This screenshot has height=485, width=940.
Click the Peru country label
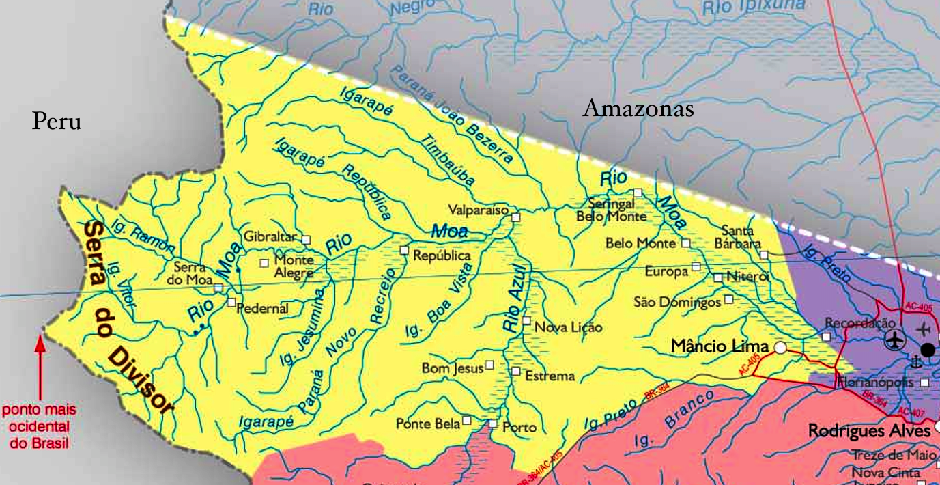[x=57, y=122]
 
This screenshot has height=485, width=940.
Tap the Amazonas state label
[x=638, y=109]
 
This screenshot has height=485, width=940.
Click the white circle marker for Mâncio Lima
[x=780, y=348]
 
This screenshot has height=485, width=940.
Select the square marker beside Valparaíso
[x=516, y=217]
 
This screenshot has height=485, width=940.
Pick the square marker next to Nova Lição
[x=526, y=320]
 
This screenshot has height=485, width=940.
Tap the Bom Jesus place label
[x=452, y=368]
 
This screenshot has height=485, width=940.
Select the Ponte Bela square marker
[x=467, y=420]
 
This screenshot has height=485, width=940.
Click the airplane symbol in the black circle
[x=894, y=338]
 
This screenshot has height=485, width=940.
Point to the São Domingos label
[x=677, y=301]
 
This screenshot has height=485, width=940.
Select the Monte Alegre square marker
[x=264, y=263]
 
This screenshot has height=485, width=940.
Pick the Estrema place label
[x=550, y=376]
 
